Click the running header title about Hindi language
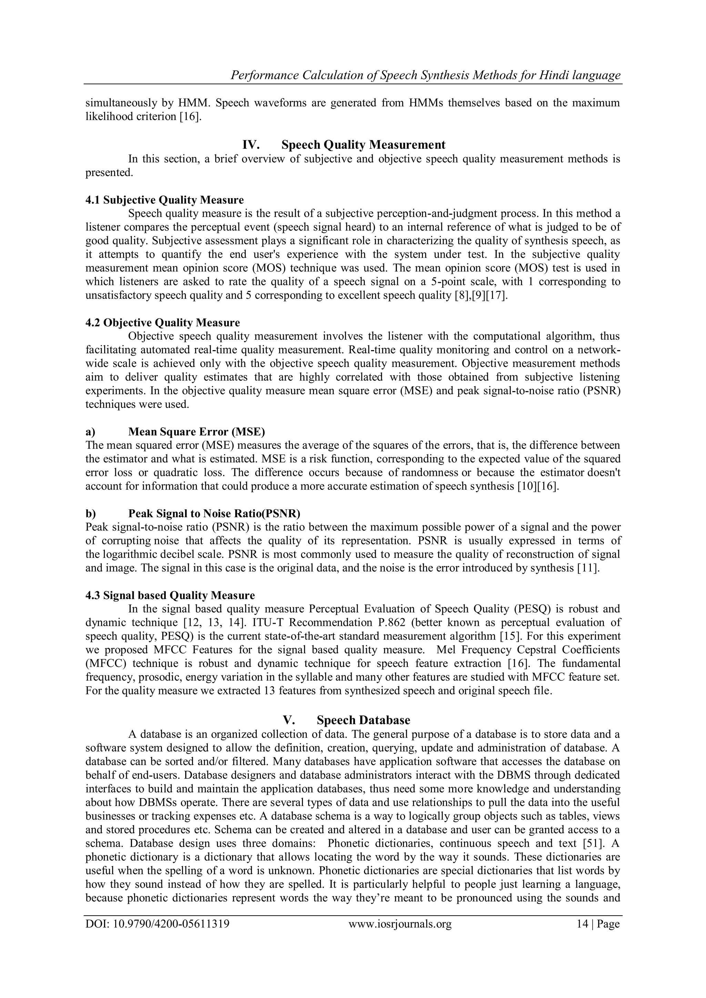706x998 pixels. click(425, 75)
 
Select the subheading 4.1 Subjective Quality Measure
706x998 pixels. click(164, 200)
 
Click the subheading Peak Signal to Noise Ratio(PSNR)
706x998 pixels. click(214, 513)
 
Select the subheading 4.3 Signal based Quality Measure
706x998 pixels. click(170, 595)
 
